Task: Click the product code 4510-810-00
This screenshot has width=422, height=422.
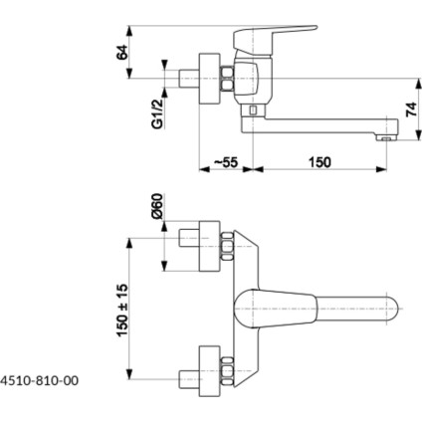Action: [41, 379]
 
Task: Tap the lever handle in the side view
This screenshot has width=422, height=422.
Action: [267, 40]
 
